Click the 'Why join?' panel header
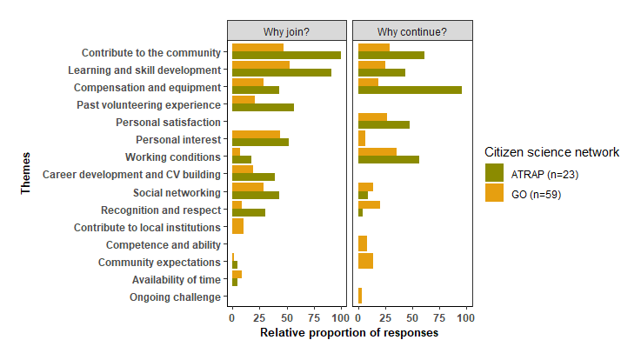pyautogui.click(x=287, y=32)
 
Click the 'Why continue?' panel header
pyautogui.click(x=412, y=32)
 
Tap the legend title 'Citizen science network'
pyautogui.click(x=551, y=152)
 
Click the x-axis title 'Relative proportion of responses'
pyautogui.click(x=349, y=332)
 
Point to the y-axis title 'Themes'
pyautogui.click(x=26, y=175)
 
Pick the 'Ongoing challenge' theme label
pyautogui.click(x=175, y=297)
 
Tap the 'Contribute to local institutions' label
pyautogui.click(x=146, y=227)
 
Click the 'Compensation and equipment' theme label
pyautogui.click(x=147, y=88)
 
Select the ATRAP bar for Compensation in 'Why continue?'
pyautogui.click(x=410, y=90)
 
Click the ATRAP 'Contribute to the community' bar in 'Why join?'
pyautogui.click(x=286, y=56)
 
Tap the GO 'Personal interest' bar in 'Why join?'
pyautogui.click(x=256, y=135)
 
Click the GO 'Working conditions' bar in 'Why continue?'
pyautogui.click(x=377, y=152)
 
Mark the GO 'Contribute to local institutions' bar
pyautogui.click(x=237, y=227)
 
